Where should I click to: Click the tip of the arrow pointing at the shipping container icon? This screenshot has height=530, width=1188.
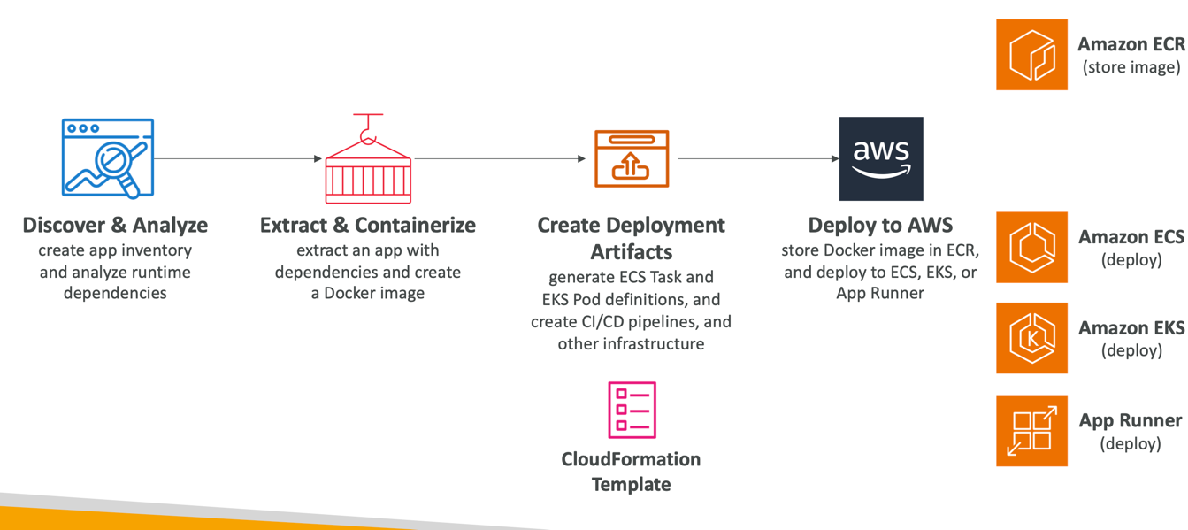[322, 158]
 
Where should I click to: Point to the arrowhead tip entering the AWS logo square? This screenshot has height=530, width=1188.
[839, 158]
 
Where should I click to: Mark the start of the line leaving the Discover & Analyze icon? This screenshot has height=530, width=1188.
[154, 158]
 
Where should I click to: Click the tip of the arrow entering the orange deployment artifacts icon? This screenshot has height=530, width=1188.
[586, 158]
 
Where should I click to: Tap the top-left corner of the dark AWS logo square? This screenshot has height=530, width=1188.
[839, 118]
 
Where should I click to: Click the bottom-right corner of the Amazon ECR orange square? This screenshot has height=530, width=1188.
[1068, 89]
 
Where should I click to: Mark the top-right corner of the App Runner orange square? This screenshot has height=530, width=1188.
[1068, 396]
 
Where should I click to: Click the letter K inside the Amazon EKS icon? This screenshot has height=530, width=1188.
[1032, 339]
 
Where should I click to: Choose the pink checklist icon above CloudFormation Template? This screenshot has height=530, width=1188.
[632, 410]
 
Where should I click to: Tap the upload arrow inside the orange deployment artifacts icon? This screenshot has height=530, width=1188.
[631, 165]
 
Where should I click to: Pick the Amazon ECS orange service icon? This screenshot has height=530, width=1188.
[1031, 247]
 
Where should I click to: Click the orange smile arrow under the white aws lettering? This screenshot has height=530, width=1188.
[881, 172]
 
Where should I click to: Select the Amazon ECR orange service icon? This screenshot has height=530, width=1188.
[1031, 54]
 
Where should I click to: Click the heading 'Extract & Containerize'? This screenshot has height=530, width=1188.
[367, 225]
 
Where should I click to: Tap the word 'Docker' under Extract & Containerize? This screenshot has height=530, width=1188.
[348, 293]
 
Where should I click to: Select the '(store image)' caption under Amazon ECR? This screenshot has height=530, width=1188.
[1131, 67]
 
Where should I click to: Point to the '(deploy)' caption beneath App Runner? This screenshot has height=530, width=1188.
[1131, 443]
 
